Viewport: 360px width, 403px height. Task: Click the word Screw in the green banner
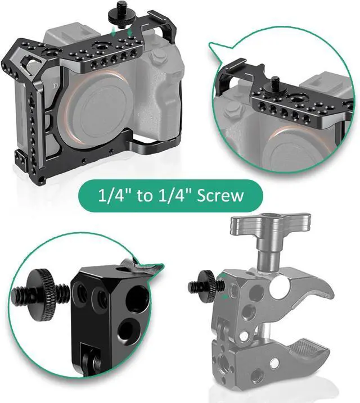click(x=220, y=196)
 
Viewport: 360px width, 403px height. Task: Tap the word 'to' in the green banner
click(x=145, y=196)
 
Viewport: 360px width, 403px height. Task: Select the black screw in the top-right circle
click(x=274, y=85)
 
